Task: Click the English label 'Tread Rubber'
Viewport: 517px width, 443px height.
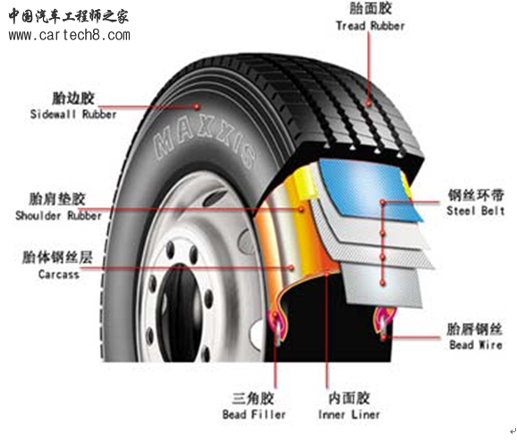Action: [x=370, y=26]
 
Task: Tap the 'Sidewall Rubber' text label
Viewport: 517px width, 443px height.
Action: [x=73, y=115]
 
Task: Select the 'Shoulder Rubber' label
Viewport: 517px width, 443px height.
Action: [x=58, y=216]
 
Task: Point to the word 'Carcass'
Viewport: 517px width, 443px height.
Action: [x=59, y=274]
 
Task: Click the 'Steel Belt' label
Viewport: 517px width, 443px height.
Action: [x=476, y=210]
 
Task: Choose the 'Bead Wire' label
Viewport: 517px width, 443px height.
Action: [x=476, y=345]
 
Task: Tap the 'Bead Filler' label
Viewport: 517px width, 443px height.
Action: [x=254, y=414]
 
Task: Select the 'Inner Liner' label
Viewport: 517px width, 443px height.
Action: [x=349, y=414]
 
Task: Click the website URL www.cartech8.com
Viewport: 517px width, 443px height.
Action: [x=69, y=35]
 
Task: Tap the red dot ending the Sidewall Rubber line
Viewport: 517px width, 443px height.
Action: [x=197, y=106]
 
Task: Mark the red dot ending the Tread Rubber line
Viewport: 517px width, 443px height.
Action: [x=369, y=104]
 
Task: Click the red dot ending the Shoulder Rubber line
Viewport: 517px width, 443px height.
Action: [x=301, y=209]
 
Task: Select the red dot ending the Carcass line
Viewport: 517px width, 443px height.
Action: [x=291, y=268]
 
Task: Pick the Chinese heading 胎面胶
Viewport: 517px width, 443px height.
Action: [x=370, y=9]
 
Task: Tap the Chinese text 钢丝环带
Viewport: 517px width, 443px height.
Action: [x=476, y=195]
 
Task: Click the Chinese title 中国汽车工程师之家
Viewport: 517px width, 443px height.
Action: [x=69, y=16]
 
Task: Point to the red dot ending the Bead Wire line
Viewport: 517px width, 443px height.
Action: [x=384, y=337]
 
